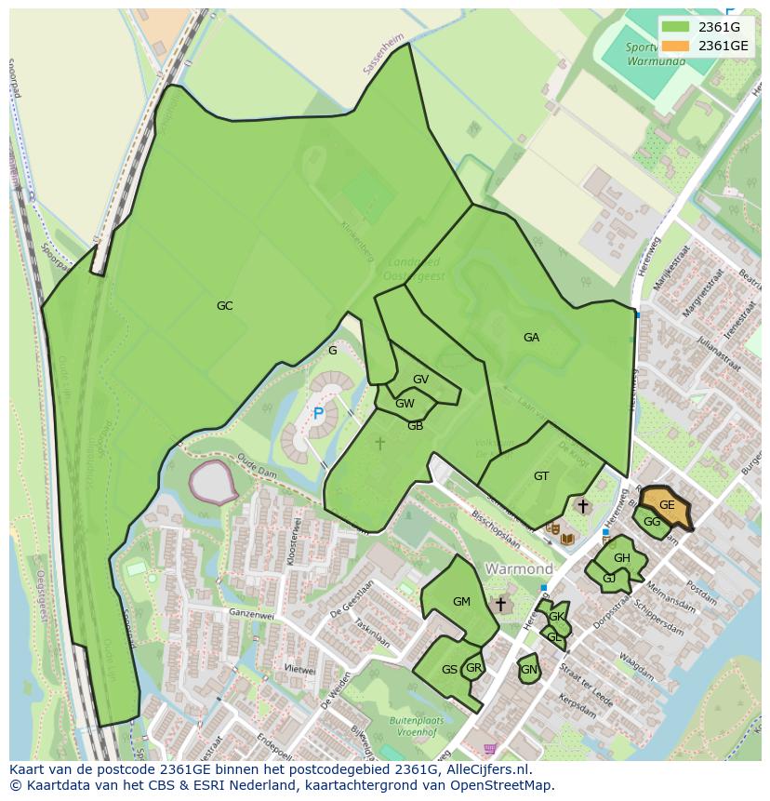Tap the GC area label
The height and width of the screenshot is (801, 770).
224,306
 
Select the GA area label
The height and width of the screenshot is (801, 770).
531,338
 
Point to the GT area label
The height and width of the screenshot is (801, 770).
541,476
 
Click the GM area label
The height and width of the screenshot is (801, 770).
461,602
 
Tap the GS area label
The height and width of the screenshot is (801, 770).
449,670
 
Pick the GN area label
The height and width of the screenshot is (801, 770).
528,670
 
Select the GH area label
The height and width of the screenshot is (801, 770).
621,558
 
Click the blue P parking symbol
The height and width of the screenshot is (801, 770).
318,414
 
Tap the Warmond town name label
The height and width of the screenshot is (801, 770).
519,568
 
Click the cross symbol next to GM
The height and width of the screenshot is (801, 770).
500,605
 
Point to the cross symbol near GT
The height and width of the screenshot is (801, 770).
583,506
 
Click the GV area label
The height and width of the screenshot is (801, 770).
420,380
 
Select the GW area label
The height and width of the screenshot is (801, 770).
405,404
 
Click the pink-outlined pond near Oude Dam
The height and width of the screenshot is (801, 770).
213,481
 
